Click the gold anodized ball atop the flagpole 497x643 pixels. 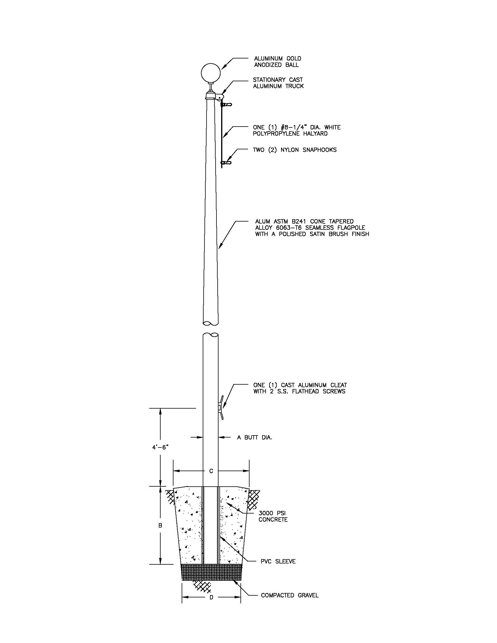(x=211, y=72)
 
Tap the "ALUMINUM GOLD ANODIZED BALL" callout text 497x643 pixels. (x=278, y=62)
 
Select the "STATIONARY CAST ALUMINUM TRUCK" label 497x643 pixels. (x=278, y=83)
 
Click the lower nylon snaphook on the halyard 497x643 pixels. (x=226, y=163)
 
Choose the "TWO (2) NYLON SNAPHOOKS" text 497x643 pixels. (x=295, y=150)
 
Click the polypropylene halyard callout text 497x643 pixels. (x=297, y=130)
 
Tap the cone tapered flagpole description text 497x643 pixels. (x=312, y=228)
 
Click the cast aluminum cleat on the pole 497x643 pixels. (x=221, y=407)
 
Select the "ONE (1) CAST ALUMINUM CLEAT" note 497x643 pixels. (x=300, y=388)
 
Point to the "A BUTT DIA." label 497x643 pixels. (x=254, y=438)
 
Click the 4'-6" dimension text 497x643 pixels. (x=160, y=447)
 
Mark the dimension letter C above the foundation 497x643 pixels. (x=211, y=471)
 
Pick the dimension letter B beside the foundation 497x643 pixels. (x=160, y=526)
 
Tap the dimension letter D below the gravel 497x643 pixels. (x=211, y=597)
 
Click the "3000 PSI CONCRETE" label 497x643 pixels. (x=273, y=516)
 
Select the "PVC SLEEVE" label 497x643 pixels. (x=278, y=561)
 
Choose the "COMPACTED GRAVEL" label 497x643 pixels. (x=290, y=595)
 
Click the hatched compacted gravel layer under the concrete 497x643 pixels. (x=211, y=572)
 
